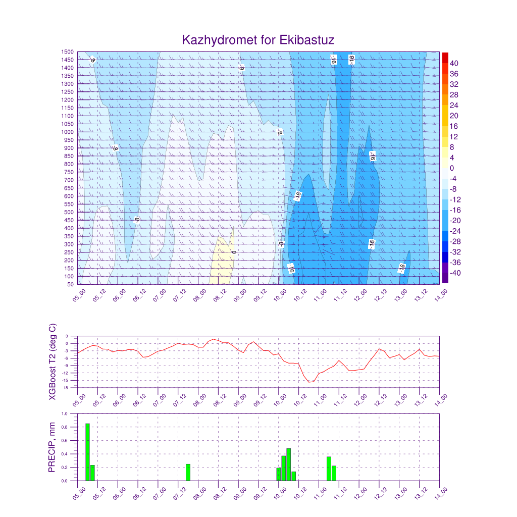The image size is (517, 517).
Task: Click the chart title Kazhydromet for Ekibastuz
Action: [258, 40]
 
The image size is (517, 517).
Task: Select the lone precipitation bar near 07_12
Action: [188, 472]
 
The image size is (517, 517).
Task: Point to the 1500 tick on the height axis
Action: [68, 52]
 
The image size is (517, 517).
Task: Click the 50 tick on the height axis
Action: [70, 284]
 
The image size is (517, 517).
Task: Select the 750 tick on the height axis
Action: [69, 172]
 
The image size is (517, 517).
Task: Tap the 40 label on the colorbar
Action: [454, 63]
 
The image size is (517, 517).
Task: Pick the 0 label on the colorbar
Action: [452, 168]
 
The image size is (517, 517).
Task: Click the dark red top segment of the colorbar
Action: [445, 57]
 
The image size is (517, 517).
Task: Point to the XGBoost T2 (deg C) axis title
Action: [52, 361]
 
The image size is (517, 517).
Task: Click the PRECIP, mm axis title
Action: [52, 447]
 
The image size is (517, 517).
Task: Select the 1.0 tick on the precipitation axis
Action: [64, 413]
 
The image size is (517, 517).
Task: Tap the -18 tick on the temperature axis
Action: [66, 388]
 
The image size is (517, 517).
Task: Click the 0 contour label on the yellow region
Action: [234, 251]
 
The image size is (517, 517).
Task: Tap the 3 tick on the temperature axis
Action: [67, 336]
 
